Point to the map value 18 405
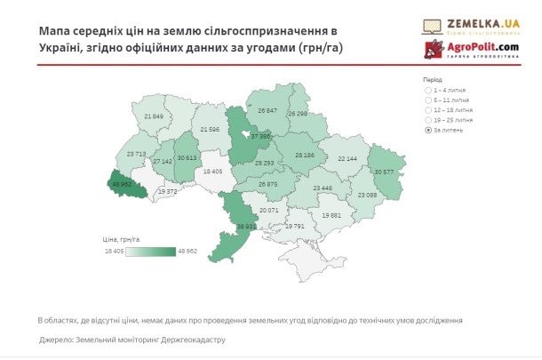click(213, 171)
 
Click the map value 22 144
click(347, 158)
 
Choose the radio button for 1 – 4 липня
click(428, 91)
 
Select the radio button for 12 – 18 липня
click(428, 110)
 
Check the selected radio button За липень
click(428, 130)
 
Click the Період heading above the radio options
click(434, 79)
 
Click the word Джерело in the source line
click(60, 340)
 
